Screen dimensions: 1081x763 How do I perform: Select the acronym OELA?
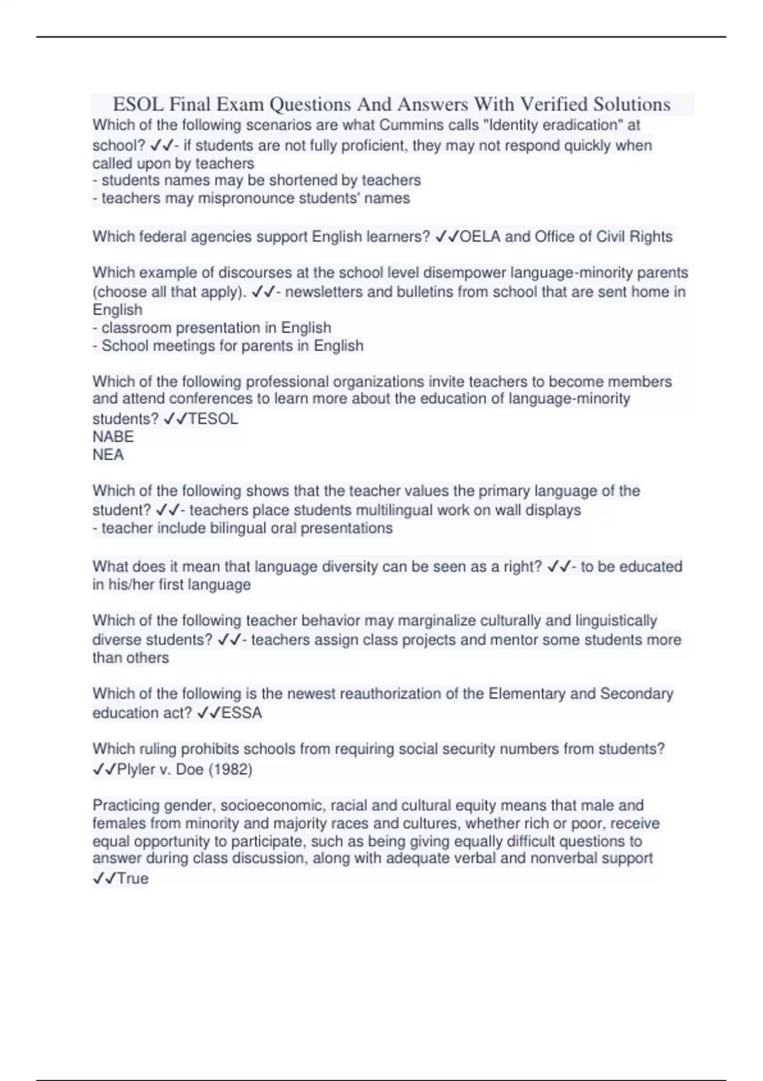pyautogui.click(x=480, y=237)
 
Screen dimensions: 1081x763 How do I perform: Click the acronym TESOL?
pyautogui.click(x=213, y=419)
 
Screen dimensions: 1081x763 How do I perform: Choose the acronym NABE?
pyautogui.click(x=113, y=437)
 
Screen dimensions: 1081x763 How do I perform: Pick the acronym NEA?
pyautogui.click(x=108, y=455)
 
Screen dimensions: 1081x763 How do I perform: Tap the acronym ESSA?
pyautogui.click(x=242, y=713)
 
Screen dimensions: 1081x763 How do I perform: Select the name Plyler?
pyautogui.click(x=137, y=769)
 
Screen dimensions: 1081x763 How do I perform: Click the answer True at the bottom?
pyautogui.click(x=133, y=879)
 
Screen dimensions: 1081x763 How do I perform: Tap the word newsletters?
pyautogui.click(x=325, y=292)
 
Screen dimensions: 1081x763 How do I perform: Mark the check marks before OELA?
pyautogui.click(x=448, y=237)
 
